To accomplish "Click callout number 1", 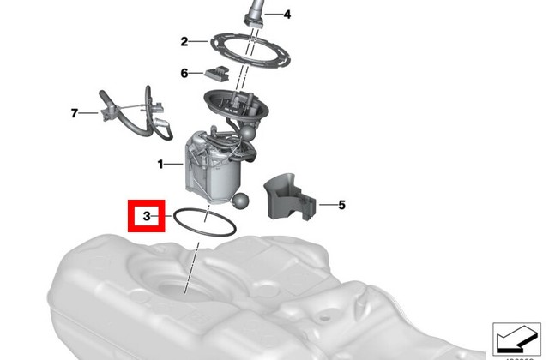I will (160, 163).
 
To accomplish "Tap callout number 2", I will (184, 40).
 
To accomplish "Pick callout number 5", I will (341, 205).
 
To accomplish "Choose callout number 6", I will (184, 73).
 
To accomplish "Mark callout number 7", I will (75, 112).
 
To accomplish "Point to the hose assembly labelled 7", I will (129, 111).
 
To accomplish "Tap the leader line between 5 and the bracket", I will (325, 205).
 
